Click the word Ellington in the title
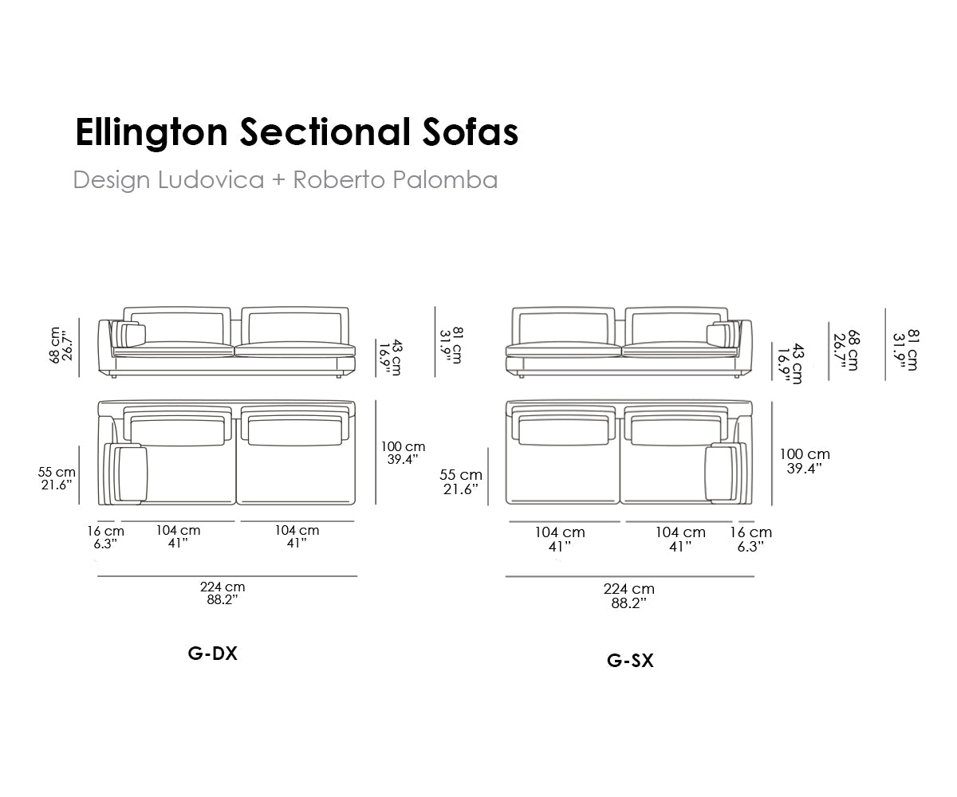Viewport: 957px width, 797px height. pyautogui.click(x=152, y=133)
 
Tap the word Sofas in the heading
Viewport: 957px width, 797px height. pyautogui.click(x=471, y=132)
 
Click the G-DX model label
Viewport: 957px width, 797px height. pyautogui.click(x=213, y=654)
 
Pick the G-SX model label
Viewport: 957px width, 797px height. pyautogui.click(x=630, y=661)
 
